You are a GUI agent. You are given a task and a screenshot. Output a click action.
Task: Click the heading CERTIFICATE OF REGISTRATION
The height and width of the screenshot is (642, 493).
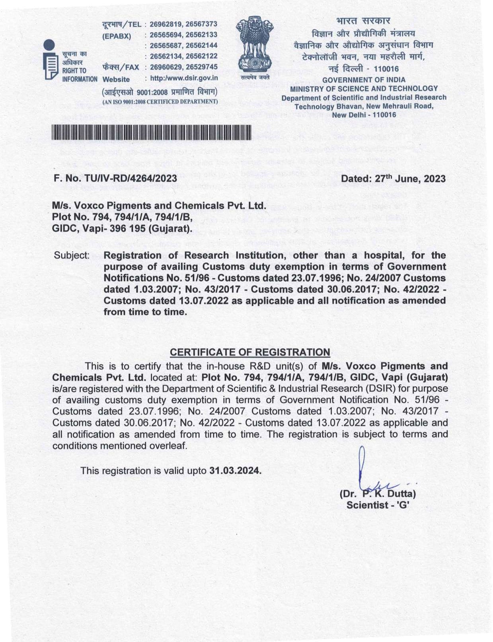250,352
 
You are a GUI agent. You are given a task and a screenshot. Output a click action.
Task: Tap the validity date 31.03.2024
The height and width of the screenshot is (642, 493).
235,471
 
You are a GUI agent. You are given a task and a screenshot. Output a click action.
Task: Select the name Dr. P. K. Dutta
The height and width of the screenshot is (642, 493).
378,494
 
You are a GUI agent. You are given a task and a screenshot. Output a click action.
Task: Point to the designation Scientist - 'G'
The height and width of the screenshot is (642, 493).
378,505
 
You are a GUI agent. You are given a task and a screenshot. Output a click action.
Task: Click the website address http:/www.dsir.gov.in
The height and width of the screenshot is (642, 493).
184,78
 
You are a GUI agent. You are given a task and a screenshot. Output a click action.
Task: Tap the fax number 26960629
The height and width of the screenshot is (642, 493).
166,67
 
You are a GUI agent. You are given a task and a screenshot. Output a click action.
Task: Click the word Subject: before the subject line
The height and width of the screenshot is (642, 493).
72,255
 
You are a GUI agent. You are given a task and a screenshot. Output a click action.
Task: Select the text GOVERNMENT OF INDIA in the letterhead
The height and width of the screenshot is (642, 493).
364,80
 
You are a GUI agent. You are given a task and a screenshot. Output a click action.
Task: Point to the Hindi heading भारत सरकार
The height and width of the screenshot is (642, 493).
363,21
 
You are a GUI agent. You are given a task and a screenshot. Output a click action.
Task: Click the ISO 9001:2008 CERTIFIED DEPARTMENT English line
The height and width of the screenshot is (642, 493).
160,102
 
